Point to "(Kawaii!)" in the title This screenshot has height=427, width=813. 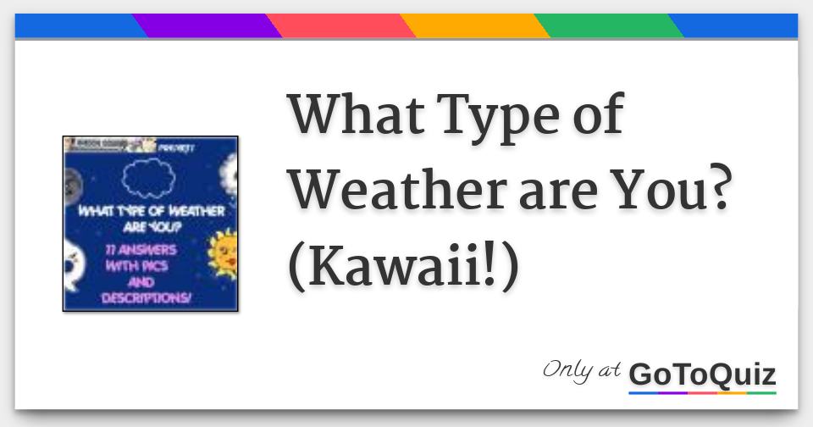[x=402, y=267]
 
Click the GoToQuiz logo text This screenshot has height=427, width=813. [x=702, y=374]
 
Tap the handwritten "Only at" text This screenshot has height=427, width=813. [x=582, y=371]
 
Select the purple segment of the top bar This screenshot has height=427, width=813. [x=206, y=26]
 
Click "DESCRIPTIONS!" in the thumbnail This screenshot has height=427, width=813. [x=146, y=298]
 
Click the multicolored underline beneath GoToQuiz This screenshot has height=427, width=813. [x=702, y=392]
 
